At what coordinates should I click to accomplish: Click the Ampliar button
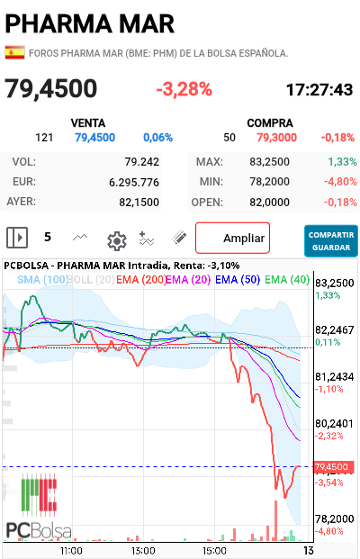232,238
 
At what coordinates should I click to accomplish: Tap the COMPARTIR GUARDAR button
331,241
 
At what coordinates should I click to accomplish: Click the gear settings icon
117,241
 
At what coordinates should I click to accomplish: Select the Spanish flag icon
14,53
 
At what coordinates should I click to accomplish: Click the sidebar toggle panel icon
17,238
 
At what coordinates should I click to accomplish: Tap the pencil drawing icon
179,238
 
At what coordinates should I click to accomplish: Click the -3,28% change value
184,89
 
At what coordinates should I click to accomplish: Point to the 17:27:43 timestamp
319,90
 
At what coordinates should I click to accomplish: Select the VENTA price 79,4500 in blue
94,138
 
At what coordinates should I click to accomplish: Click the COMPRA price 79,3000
276,138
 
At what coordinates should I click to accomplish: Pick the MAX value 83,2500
269,162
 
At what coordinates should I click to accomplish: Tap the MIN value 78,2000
269,182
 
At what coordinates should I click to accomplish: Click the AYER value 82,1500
139,203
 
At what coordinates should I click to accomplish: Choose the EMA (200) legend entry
141,279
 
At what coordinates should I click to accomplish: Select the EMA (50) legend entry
238,279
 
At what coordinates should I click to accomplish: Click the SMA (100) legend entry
42,279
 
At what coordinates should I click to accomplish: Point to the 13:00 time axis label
143,551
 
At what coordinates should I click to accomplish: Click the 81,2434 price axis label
334,377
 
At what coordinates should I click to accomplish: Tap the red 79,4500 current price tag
334,467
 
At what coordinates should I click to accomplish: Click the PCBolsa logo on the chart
39,506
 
